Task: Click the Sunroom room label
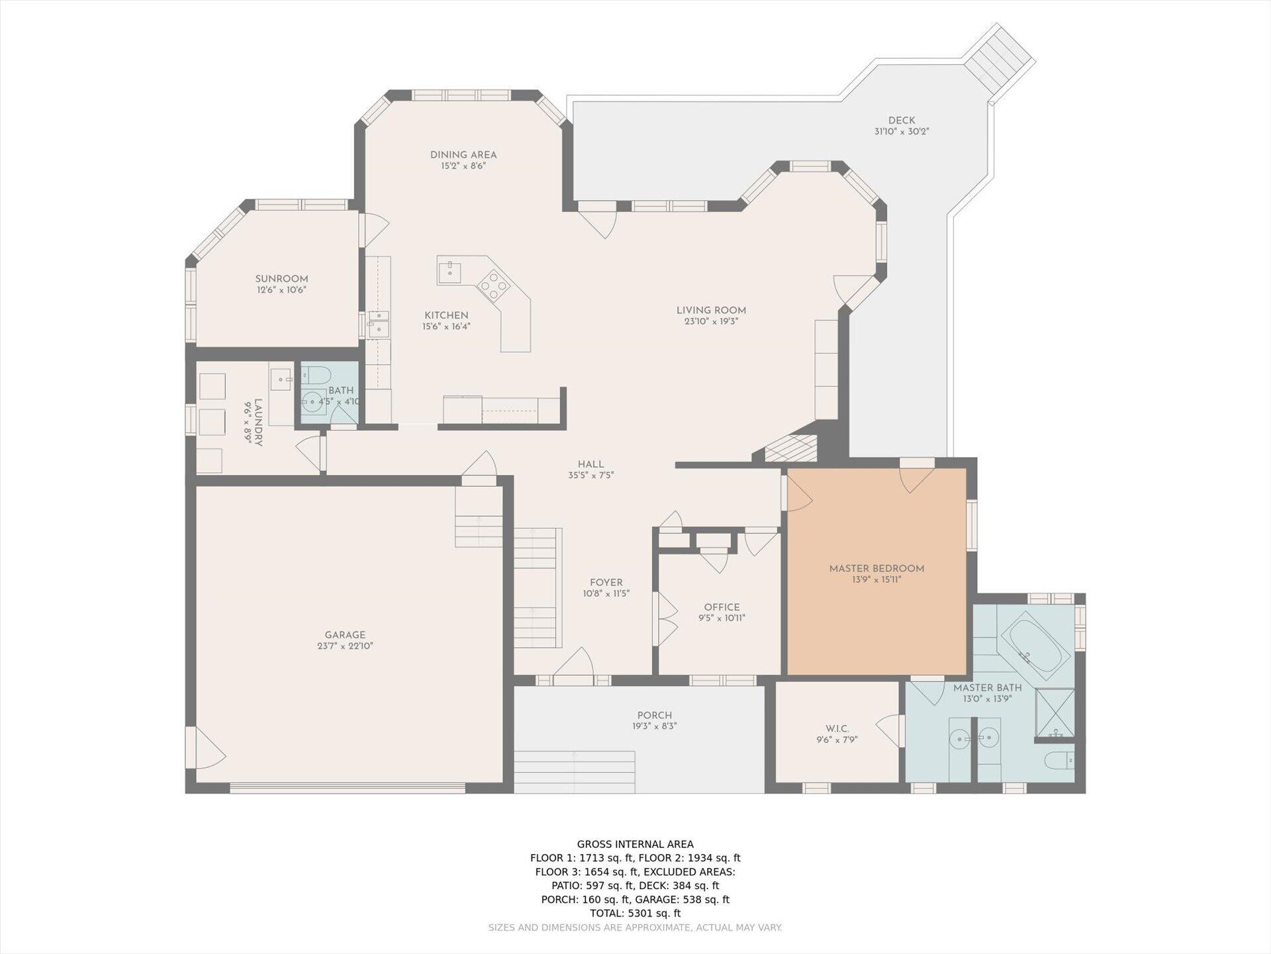282,279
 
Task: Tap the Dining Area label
463,155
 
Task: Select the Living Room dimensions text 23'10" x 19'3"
712,321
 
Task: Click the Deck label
902,121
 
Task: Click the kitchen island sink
450,271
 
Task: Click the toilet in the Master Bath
1059,761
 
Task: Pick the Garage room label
345,635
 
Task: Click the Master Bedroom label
876,568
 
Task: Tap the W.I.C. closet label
837,729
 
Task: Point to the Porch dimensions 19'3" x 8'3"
655,726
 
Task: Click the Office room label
722,607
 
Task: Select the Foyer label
606,583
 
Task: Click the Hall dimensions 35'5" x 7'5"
591,475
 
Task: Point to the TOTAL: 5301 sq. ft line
635,914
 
